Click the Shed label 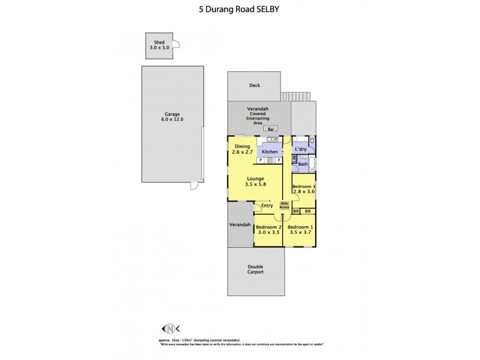point(159,42)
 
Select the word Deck point(254,86)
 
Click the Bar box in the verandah point(271,129)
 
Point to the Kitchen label point(270,152)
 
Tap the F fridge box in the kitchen point(278,161)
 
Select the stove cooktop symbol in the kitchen point(269,161)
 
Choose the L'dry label point(301,148)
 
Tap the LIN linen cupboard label point(294,160)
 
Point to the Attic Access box point(284,206)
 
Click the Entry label point(267,206)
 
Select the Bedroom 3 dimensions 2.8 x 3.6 point(303,191)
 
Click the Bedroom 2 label point(268,227)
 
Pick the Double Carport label point(256,269)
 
